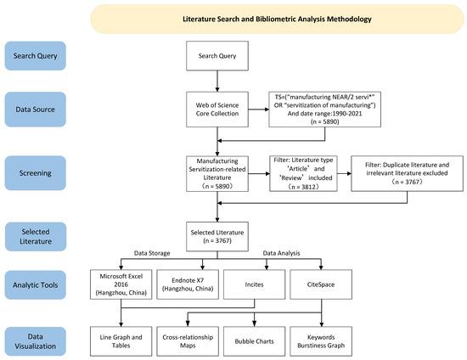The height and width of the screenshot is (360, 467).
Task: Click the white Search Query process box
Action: tap(219, 59)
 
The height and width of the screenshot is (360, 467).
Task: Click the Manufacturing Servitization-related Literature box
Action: tap(219, 174)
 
